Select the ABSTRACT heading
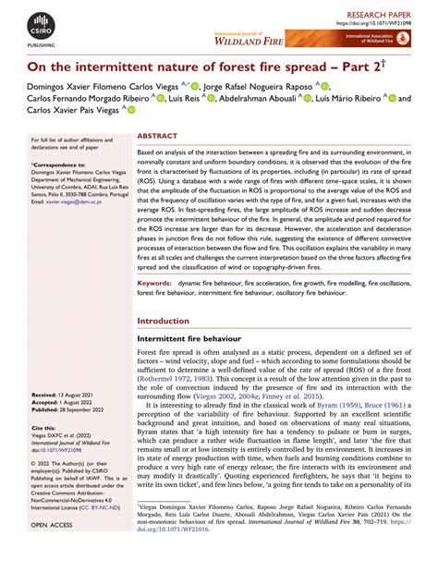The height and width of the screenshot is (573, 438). click(x=157, y=134)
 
